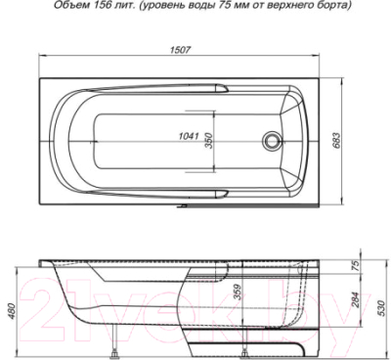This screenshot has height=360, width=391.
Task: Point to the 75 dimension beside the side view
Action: (x=355, y=264)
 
